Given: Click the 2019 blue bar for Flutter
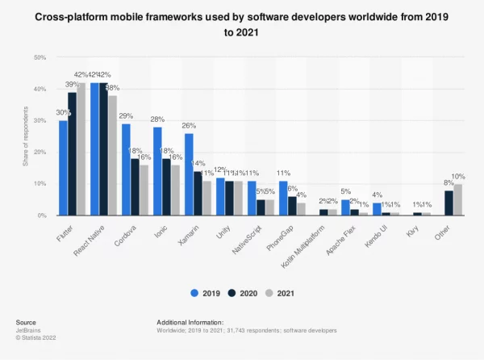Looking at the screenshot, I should (63, 168).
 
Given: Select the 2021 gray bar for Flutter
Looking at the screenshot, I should (81, 149).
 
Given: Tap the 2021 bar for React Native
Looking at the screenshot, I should (113, 156).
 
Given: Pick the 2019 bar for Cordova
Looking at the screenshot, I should (126, 170).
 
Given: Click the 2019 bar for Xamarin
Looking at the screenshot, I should (189, 174).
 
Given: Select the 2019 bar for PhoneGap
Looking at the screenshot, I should (282, 199).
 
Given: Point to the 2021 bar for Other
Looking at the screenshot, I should (457, 199).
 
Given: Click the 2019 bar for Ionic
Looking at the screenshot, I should (157, 171).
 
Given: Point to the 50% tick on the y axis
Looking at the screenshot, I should (40, 58).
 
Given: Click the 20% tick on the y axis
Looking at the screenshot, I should (40, 153).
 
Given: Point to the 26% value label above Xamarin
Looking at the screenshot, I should (189, 126).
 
